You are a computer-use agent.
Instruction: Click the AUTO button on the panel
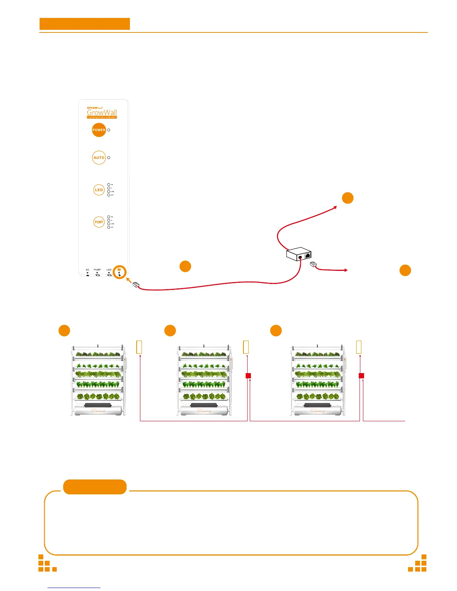click(99, 158)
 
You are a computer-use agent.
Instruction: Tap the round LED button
click(99, 190)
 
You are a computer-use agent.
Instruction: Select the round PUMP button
click(99, 222)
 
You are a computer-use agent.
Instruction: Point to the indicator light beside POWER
click(109, 130)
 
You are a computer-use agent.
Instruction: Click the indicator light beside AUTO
click(109, 158)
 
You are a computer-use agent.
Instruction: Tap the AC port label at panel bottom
click(88, 270)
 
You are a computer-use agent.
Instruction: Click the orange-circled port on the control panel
click(119, 272)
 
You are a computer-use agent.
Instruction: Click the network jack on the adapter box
click(308, 256)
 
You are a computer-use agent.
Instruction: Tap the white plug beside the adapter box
click(314, 265)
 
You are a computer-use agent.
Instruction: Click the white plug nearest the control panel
click(136, 285)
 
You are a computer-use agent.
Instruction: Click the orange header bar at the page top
click(85, 24)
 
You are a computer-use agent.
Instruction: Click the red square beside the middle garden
click(248, 375)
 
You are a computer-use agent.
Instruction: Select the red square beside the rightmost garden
click(361, 375)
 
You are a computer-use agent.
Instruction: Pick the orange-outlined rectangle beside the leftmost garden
click(139, 347)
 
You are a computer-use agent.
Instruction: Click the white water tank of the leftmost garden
click(98, 411)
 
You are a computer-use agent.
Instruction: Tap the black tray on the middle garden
click(204, 405)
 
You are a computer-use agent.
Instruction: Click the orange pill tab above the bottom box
click(95, 487)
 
